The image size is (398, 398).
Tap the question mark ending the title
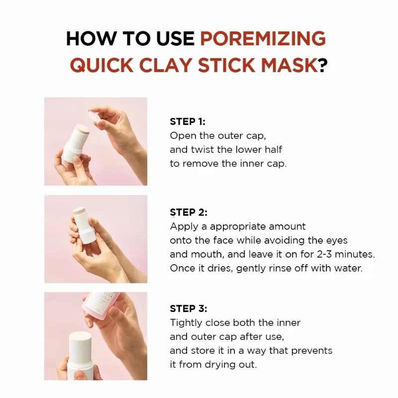coord(323,65)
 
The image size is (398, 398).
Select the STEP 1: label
coord(188,121)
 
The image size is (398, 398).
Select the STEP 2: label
coord(189,212)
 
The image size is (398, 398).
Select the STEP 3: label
coord(189,308)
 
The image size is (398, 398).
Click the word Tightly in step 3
coord(187,322)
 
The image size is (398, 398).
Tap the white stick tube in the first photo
coord(73,144)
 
